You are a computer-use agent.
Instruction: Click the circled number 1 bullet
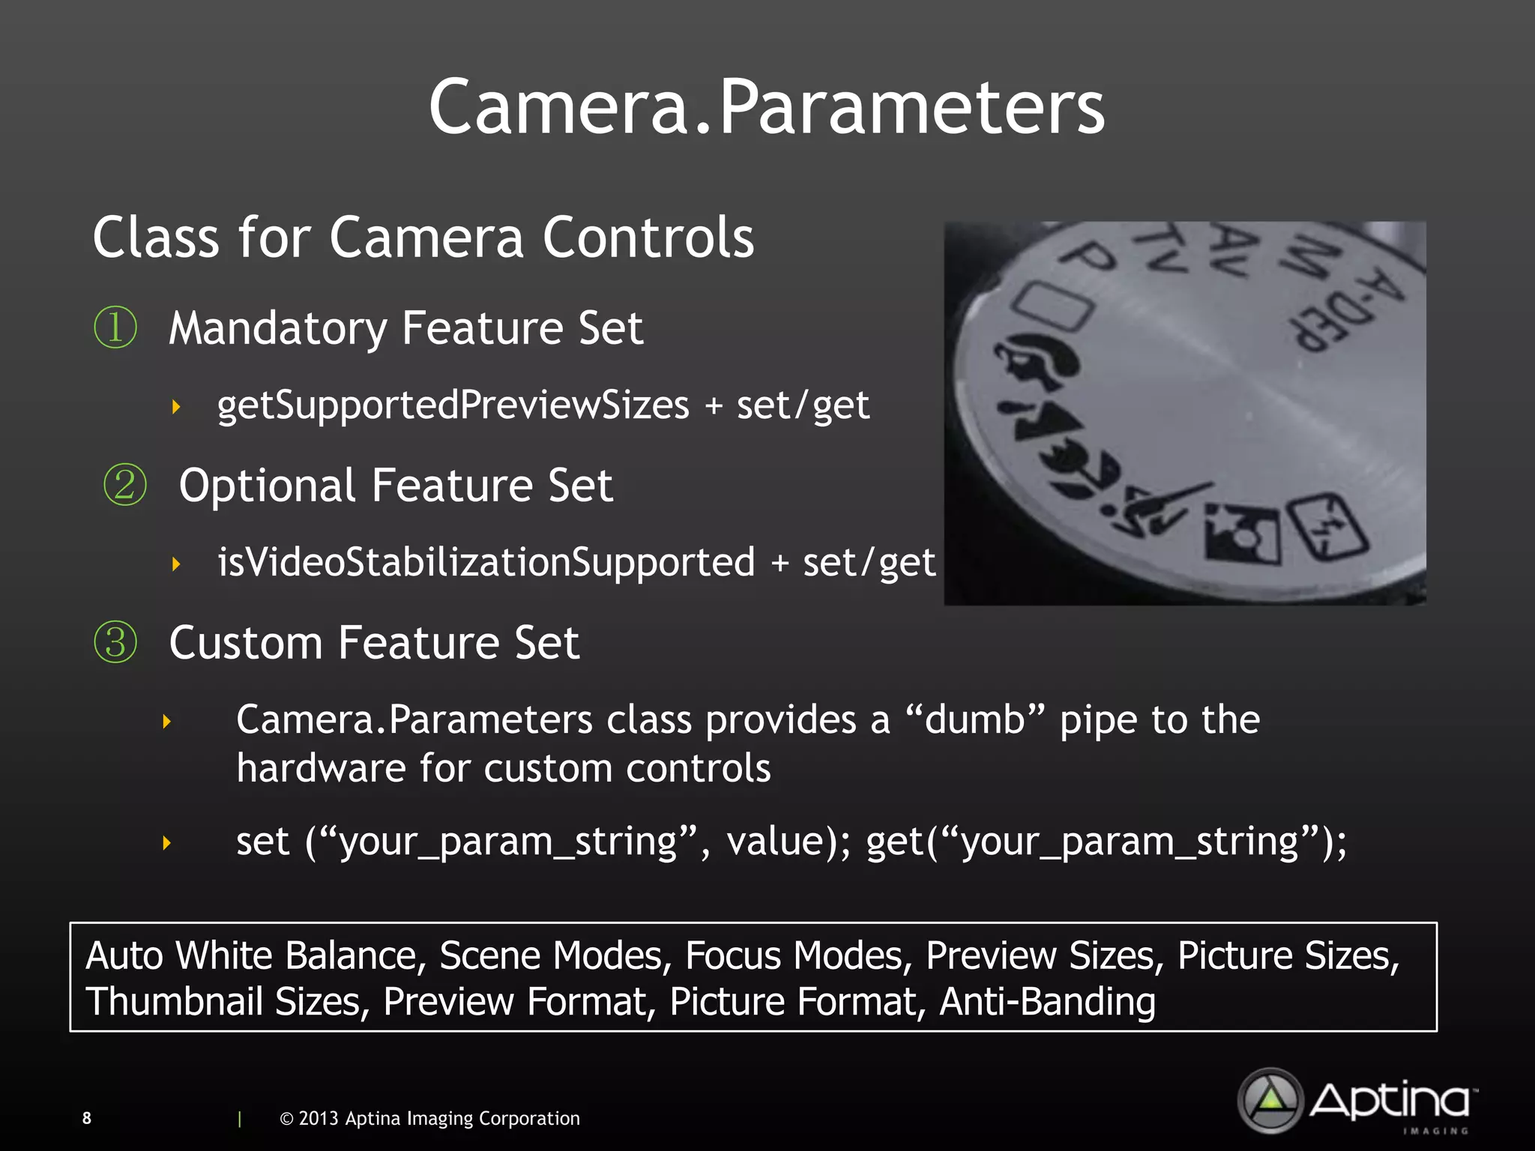tap(115, 327)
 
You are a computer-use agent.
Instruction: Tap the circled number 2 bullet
tap(124, 485)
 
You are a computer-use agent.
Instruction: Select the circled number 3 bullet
tap(115, 642)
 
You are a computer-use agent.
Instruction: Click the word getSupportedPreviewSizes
tap(453, 405)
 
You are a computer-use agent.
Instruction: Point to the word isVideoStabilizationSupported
tap(486, 562)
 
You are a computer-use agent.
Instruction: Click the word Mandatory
tap(277, 328)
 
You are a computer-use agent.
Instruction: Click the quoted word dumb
tap(974, 719)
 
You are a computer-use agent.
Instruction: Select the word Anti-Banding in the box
tap(1047, 1001)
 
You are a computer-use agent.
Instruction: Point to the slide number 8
tap(87, 1118)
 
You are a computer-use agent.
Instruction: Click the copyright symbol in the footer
tap(286, 1119)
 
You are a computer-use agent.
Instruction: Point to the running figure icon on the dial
tap(1154, 509)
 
